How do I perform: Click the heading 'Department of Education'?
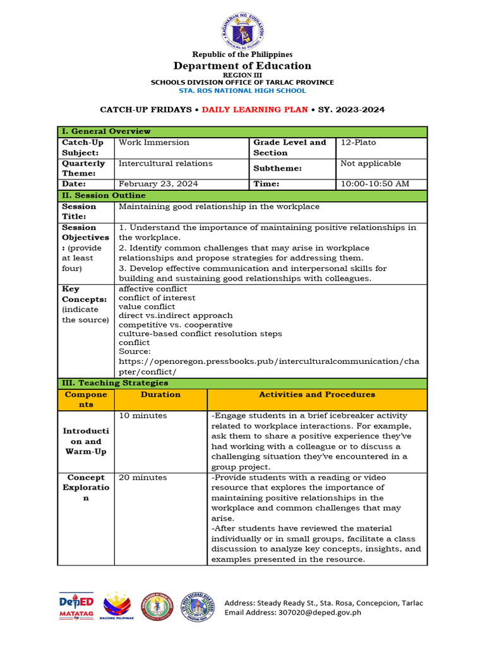click(x=242, y=66)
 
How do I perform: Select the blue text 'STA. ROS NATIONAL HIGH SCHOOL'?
click(x=242, y=91)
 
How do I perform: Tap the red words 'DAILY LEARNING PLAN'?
click(x=255, y=110)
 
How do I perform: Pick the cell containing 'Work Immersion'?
click(x=145, y=143)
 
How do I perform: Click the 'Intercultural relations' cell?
click(x=165, y=164)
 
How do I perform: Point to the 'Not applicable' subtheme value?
click(x=371, y=164)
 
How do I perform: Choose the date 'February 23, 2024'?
click(x=159, y=184)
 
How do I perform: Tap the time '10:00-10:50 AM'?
click(x=375, y=184)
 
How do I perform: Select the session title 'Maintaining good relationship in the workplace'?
click(x=219, y=207)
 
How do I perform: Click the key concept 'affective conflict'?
click(x=153, y=289)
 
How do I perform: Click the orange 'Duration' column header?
click(x=160, y=394)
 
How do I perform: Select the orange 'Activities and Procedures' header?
click(x=317, y=394)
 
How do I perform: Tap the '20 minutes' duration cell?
click(x=143, y=478)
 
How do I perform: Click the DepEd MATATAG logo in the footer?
click(x=76, y=607)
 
